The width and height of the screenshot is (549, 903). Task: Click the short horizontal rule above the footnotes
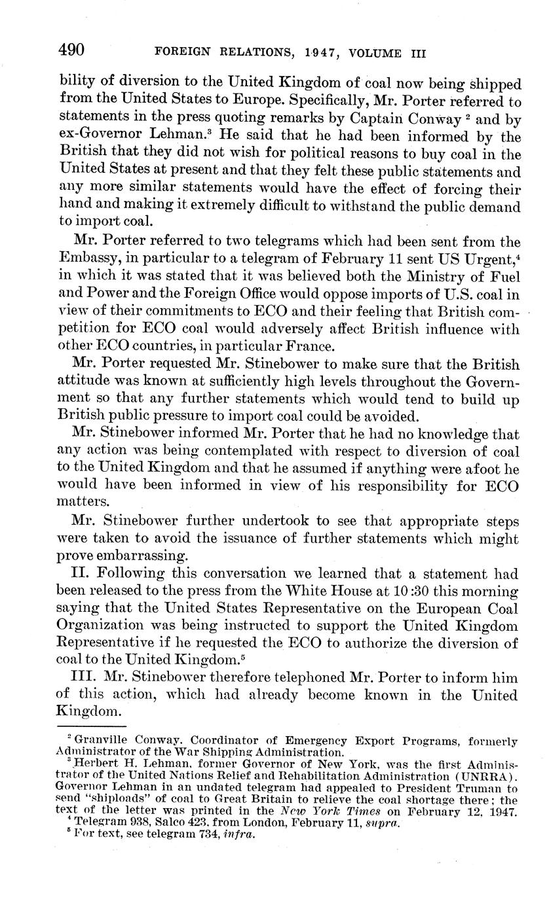(x=91, y=726)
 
